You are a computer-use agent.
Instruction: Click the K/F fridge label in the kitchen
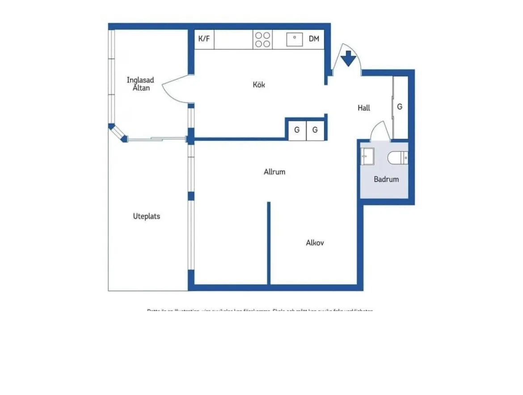pos(204,39)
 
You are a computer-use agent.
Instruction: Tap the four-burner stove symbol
pos(262,39)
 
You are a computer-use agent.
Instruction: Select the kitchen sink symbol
pos(295,39)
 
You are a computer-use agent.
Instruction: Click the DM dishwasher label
pos(314,39)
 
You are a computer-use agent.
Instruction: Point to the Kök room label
pos(259,84)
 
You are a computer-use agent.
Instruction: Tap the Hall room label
pos(364,108)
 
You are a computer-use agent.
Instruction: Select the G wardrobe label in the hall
pos(400,107)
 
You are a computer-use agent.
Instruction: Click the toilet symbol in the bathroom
pos(398,158)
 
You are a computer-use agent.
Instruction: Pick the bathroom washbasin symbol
pos(367,156)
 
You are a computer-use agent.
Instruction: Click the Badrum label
pos(386,179)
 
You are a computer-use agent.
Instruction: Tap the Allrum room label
pos(274,172)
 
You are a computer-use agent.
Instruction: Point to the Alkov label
pos(315,243)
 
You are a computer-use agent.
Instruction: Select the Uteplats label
pos(146,216)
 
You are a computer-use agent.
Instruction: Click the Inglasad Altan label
pos(140,84)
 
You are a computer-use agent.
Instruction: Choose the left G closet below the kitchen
pos(296,130)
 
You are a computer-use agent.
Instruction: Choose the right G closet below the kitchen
pos(315,130)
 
